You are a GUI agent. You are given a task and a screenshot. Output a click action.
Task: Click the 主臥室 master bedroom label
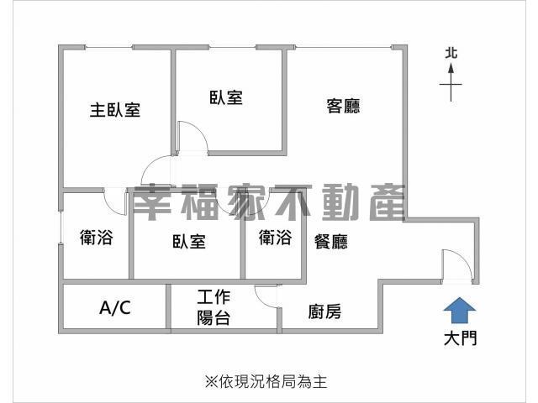pyautogui.click(x=115, y=110)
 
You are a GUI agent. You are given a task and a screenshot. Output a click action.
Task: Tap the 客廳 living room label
pyautogui.click(x=343, y=106)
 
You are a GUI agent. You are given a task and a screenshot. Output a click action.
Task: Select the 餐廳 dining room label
pyautogui.click(x=330, y=241)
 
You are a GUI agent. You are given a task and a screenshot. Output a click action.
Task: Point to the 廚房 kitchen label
pyautogui.click(x=324, y=311)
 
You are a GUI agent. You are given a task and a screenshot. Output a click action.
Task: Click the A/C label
pyautogui.click(x=115, y=307)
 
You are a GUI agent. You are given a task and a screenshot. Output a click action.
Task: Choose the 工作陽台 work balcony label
pyautogui.click(x=214, y=307)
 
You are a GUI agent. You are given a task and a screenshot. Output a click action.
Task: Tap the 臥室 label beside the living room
pyautogui.click(x=226, y=97)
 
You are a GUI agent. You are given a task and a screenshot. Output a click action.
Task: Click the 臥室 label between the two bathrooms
pyautogui.click(x=189, y=241)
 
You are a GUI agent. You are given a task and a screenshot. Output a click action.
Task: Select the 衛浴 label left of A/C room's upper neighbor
pyautogui.click(x=97, y=237)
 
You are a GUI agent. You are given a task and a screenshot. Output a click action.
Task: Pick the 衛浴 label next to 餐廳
pyautogui.click(x=275, y=237)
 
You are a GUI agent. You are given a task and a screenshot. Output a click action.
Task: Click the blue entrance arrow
pyautogui.click(x=460, y=311)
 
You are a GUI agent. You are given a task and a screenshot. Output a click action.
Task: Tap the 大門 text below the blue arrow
pyautogui.click(x=460, y=338)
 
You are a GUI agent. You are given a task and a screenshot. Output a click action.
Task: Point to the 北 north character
pyautogui.click(x=451, y=53)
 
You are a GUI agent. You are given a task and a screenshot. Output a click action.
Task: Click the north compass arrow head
pyautogui.click(x=451, y=68)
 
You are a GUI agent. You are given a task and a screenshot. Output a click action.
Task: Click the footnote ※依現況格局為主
pyautogui.click(x=266, y=382)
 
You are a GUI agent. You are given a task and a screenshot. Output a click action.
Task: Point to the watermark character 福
pyautogui.click(x=199, y=202)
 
